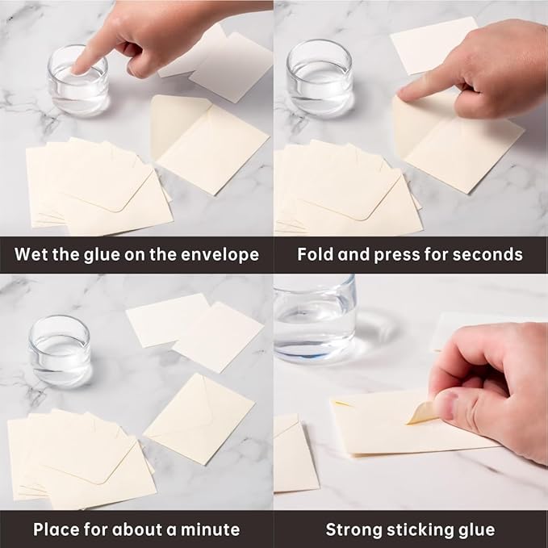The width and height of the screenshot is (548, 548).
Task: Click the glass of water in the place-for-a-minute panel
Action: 60,349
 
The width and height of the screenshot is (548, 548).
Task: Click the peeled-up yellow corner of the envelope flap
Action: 421,413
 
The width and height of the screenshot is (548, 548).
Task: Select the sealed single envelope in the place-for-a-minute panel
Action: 199,419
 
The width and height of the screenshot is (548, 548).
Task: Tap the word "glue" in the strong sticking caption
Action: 478,530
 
